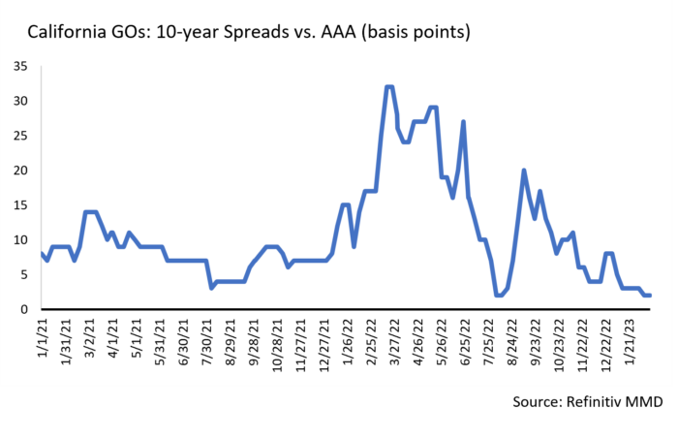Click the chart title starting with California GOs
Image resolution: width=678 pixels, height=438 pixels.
[249, 32]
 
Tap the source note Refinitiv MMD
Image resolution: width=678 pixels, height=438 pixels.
[588, 401]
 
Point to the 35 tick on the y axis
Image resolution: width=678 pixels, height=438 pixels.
[20, 66]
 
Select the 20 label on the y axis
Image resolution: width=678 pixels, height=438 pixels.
[20, 171]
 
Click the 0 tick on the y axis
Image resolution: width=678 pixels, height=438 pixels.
[24, 309]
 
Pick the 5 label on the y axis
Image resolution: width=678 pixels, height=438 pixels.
[24, 275]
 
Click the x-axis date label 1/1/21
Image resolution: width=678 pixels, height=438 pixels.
[43, 339]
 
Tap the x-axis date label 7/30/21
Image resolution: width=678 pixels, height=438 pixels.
[207, 342]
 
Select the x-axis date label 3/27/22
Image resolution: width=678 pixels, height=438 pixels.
[395, 342]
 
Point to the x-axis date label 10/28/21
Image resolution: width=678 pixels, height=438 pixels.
[278, 346]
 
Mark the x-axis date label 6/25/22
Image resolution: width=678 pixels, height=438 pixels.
[465, 342]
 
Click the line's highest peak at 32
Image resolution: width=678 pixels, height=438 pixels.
[388, 87]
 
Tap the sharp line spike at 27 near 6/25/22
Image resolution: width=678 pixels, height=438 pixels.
[463, 122]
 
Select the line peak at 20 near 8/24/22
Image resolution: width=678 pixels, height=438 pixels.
[524, 171]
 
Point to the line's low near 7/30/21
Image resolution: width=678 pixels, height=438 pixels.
[211, 288]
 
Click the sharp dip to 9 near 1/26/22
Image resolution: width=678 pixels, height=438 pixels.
[354, 247]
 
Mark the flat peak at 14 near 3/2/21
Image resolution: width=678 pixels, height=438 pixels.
[91, 212]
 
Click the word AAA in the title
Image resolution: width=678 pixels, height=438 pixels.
[338, 32]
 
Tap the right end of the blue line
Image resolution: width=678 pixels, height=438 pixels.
[650, 296]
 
